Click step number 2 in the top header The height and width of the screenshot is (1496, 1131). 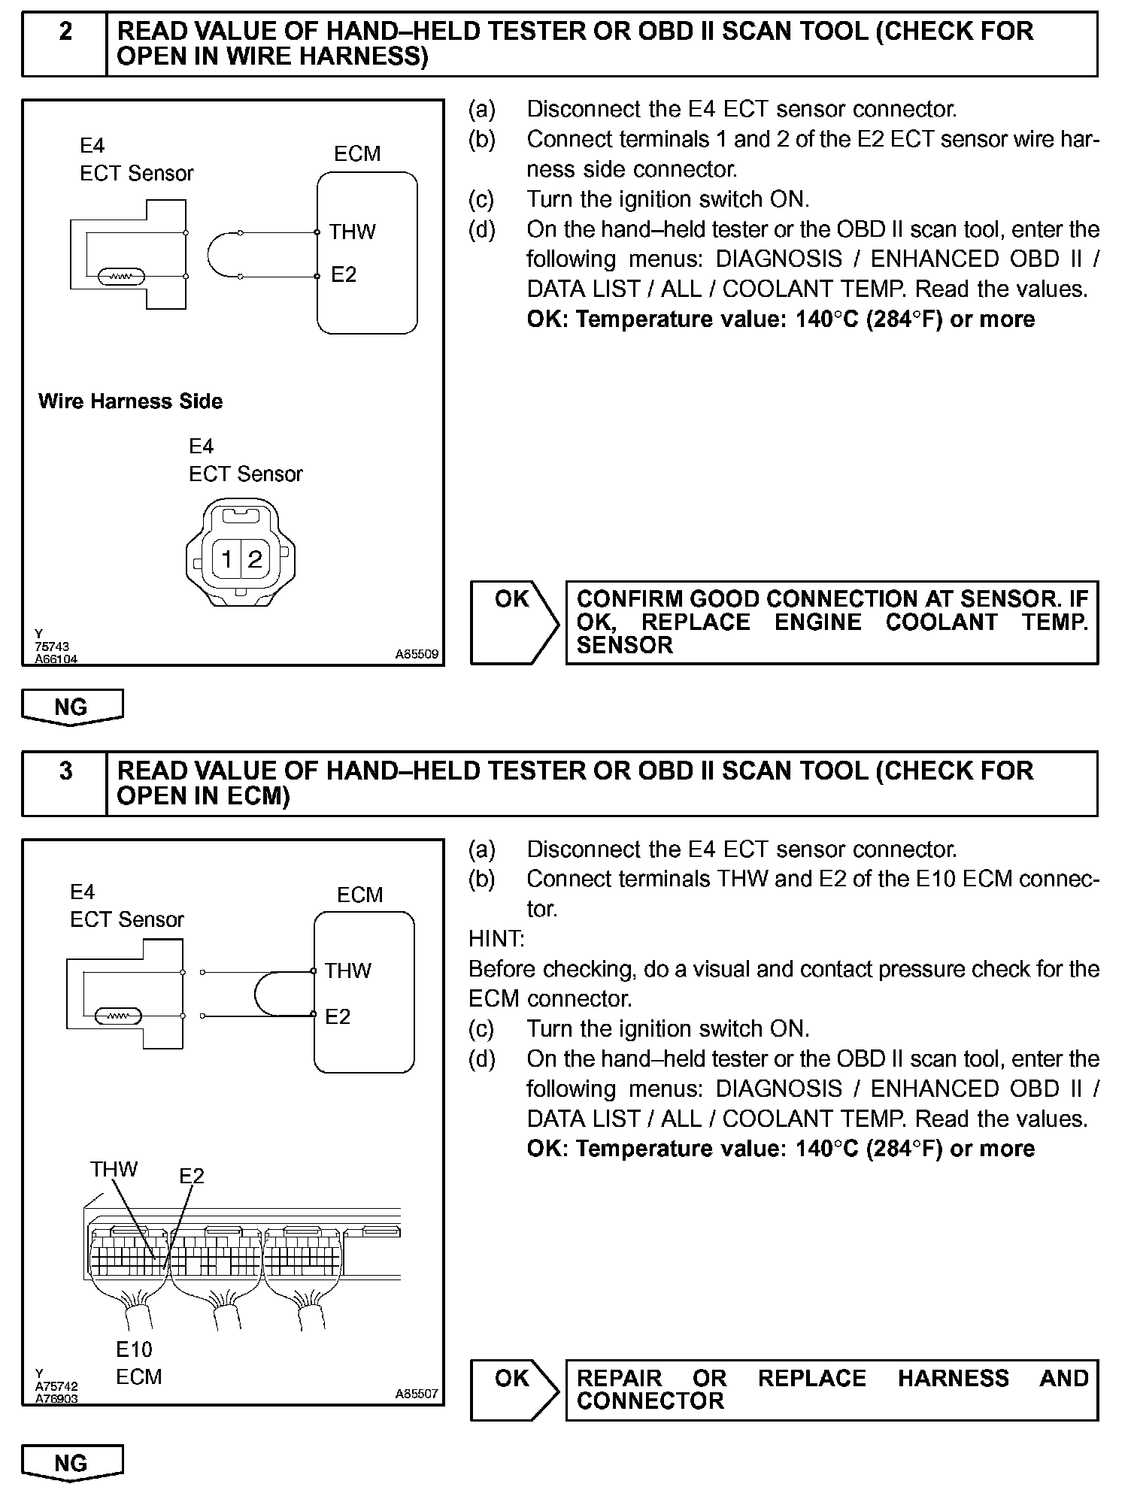pyautogui.click(x=65, y=32)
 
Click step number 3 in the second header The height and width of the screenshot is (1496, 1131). pyautogui.click(x=65, y=771)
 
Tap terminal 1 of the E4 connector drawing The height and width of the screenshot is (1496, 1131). pyautogui.click(x=226, y=559)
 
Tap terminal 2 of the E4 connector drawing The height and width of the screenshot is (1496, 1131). pyautogui.click(x=255, y=559)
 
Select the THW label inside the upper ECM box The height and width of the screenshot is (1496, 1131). pyautogui.click(x=352, y=232)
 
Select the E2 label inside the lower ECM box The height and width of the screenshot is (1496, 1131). pyautogui.click(x=338, y=1016)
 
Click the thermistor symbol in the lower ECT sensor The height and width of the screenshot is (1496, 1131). pyautogui.click(x=118, y=1016)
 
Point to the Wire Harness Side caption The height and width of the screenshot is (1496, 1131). pyautogui.click(x=130, y=401)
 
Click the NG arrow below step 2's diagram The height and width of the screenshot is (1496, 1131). pyautogui.click(x=71, y=707)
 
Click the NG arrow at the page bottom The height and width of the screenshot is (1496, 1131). pyautogui.click(x=71, y=1463)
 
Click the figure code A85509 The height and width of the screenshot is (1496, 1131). pyautogui.click(x=417, y=655)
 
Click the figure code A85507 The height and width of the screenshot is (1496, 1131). pyautogui.click(x=417, y=1394)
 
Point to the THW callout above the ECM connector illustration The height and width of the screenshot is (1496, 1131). pyautogui.click(x=114, y=1169)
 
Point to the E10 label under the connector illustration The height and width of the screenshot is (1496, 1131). pyautogui.click(x=134, y=1349)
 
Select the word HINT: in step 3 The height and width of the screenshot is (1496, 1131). pyautogui.click(x=496, y=939)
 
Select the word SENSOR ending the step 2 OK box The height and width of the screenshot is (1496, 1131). pyautogui.click(x=624, y=646)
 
